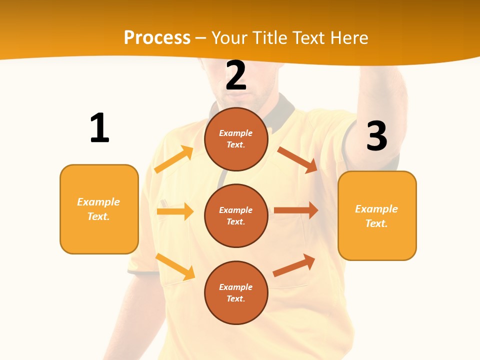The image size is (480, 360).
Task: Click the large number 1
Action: tap(99, 128)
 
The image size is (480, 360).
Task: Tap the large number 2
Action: tap(236, 75)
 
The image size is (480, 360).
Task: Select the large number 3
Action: tap(376, 136)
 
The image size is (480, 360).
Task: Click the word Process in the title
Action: tap(157, 37)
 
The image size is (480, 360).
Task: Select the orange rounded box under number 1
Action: tap(99, 209)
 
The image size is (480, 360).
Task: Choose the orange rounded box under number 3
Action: tap(377, 215)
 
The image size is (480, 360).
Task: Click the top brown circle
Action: tap(236, 139)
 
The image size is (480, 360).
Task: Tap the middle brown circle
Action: tap(236, 215)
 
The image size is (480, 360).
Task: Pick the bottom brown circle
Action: tap(236, 292)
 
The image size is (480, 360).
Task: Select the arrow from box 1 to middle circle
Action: tap(175, 211)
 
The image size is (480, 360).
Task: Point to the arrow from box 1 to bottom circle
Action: tap(175, 266)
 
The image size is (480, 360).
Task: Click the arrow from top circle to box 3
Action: tap(297, 159)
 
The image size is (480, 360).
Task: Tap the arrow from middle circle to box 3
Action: tap(296, 210)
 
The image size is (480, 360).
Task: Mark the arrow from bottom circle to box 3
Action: tap(294, 265)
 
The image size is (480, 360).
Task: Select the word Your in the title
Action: tap(229, 37)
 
